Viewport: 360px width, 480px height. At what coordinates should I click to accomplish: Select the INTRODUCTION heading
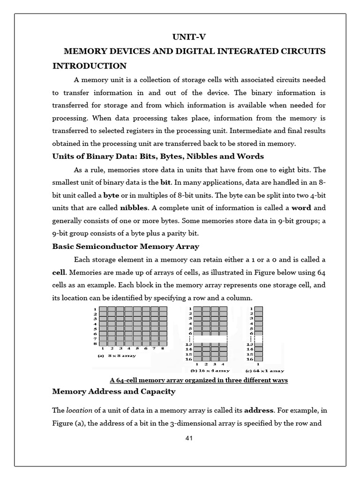click(x=89, y=66)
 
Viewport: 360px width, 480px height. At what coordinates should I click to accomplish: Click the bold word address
click(x=259, y=410)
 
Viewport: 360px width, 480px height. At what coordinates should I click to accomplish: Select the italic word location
click(x=79, y=410)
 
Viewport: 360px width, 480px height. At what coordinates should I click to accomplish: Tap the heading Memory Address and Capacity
click(x=113, y=391)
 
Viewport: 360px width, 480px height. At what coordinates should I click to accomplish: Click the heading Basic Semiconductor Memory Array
click(x=125, y=246)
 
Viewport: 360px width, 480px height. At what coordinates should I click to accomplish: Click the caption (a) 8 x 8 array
click(x=117, y=356)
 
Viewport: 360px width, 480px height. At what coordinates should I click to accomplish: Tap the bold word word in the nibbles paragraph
click(x=301, y=207)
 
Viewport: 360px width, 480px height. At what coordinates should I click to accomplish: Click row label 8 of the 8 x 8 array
click(x=96, y=343)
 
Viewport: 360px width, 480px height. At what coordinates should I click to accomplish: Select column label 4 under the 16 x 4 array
click(x=223, y=364)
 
